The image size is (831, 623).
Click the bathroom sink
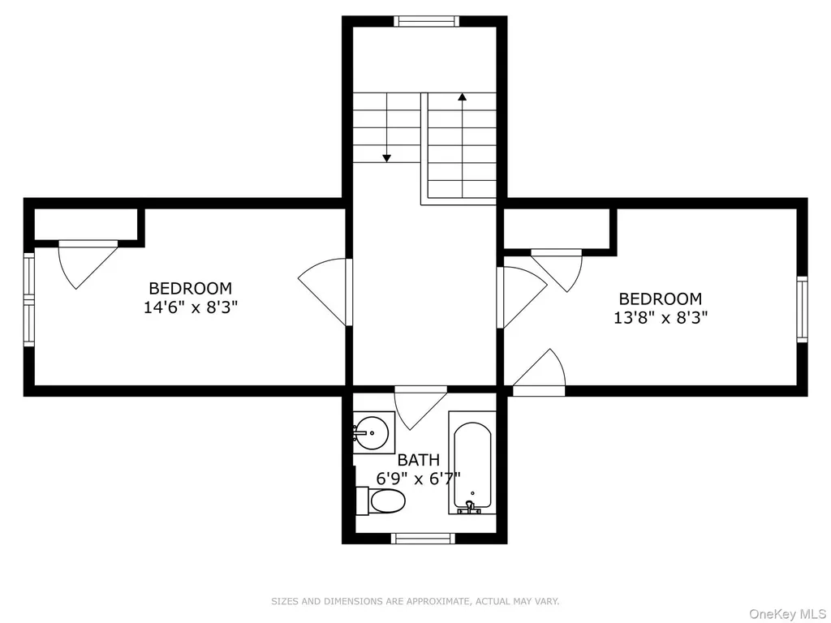click(373, 433)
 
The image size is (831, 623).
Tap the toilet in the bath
click(381, 501)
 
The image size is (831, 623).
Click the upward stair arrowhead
click(462, 97)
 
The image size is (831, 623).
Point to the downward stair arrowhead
click(387, 158)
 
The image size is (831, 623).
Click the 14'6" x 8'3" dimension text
click(190, 307)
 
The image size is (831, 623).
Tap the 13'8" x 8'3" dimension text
click(661, 317)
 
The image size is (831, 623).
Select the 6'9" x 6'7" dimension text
click(418, 479)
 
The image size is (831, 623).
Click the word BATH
click(418, 460)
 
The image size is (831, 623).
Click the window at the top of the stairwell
click(427, 21)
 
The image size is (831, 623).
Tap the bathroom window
click(423, 539)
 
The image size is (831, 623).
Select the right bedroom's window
click(803, 309)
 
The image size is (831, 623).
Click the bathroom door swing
click(420, 407)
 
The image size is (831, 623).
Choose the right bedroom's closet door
click(557, 270)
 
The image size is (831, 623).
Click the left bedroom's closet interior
click(86, 224)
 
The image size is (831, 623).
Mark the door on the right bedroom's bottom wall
click(539, 373)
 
